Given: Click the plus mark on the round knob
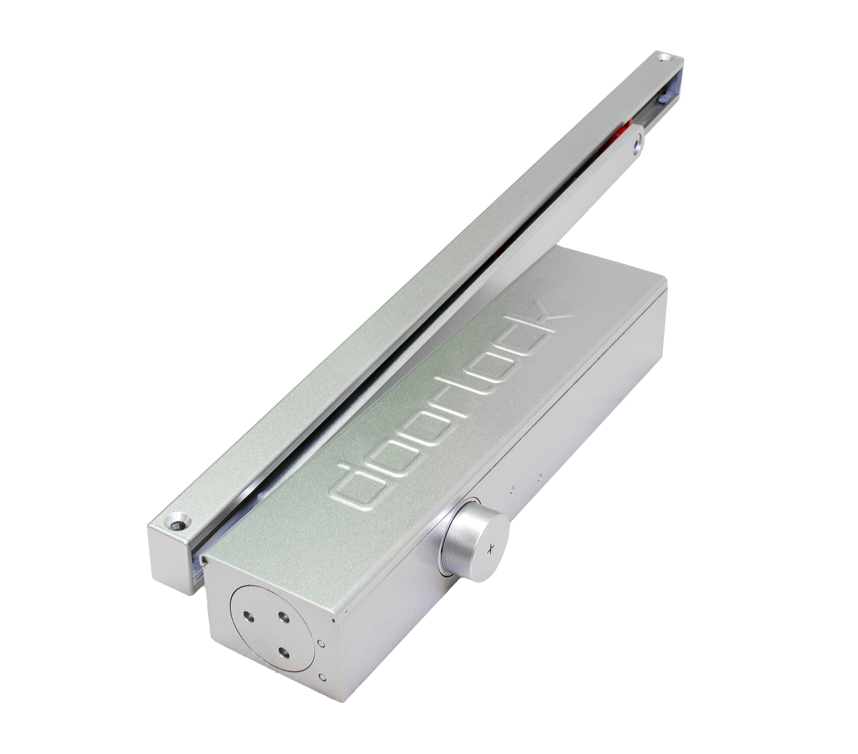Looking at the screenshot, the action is click(489, 548).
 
